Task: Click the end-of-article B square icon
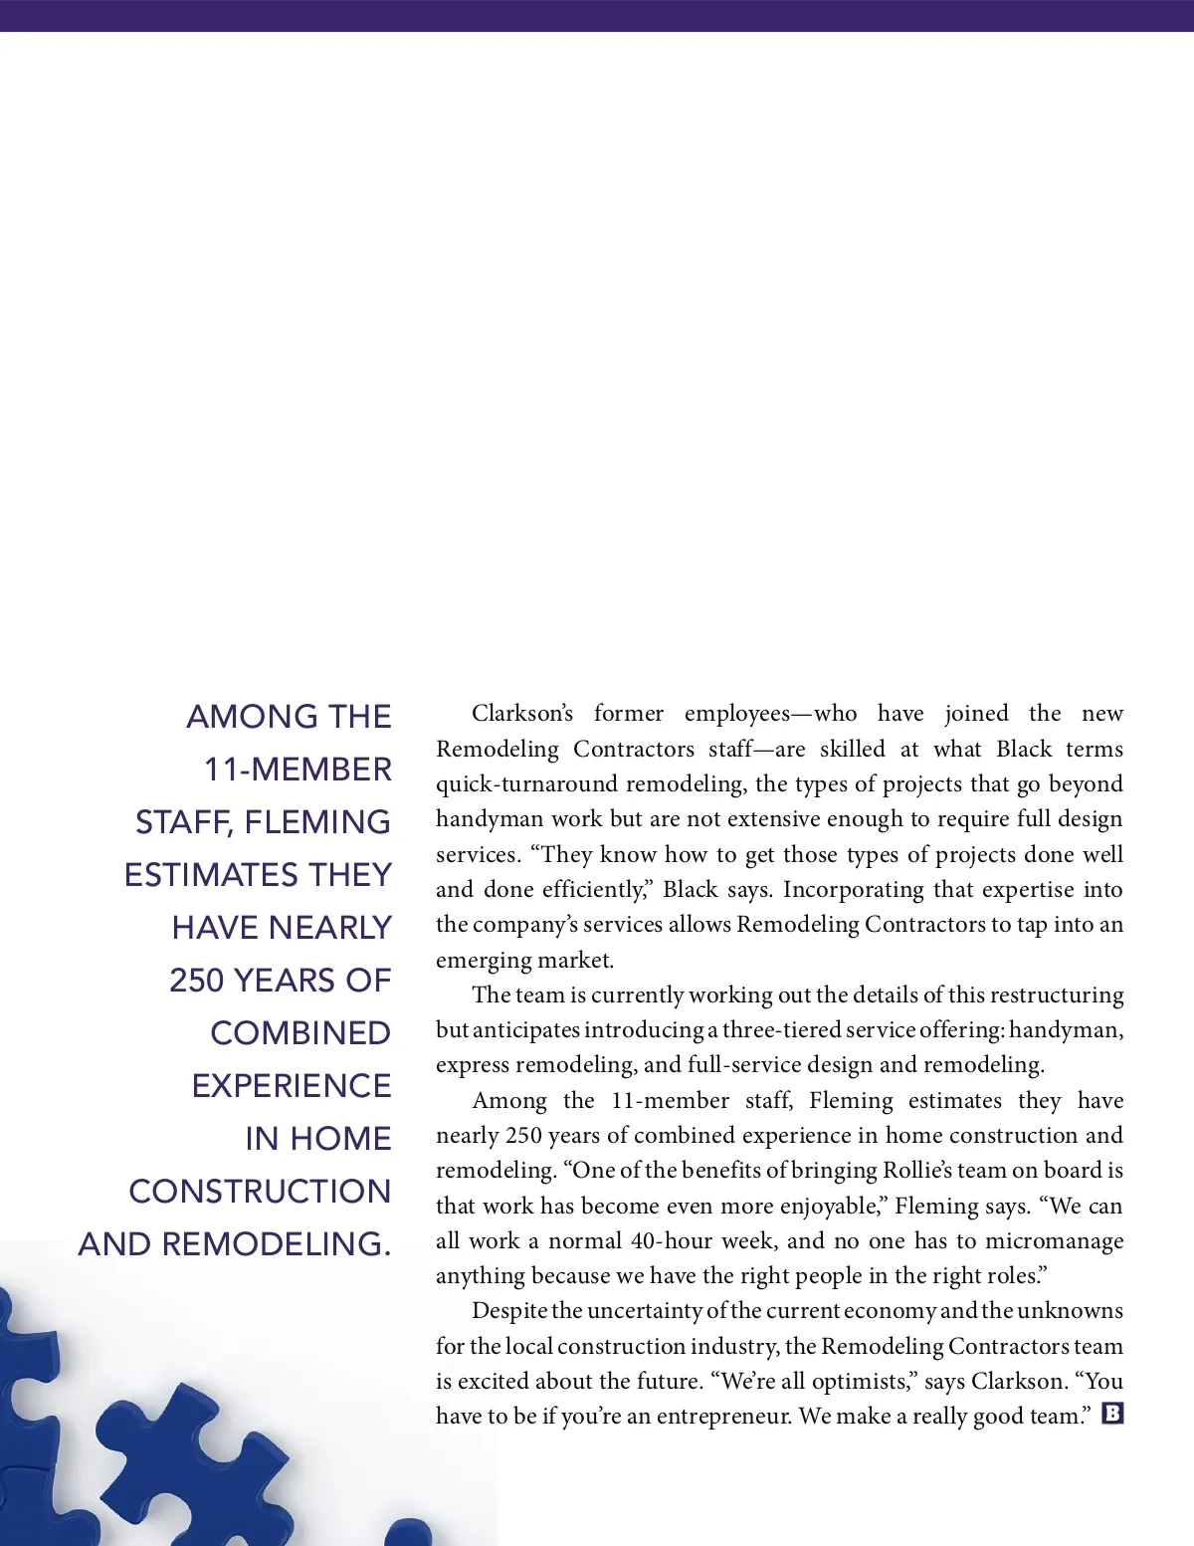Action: click(x=1112, y=1413)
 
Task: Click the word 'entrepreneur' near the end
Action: click(x=719, y=1417)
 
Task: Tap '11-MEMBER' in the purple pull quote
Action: click(x=298, y=770)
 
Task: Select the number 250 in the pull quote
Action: click(x=196, y=981)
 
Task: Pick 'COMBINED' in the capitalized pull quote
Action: click(x=300, y=1033)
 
